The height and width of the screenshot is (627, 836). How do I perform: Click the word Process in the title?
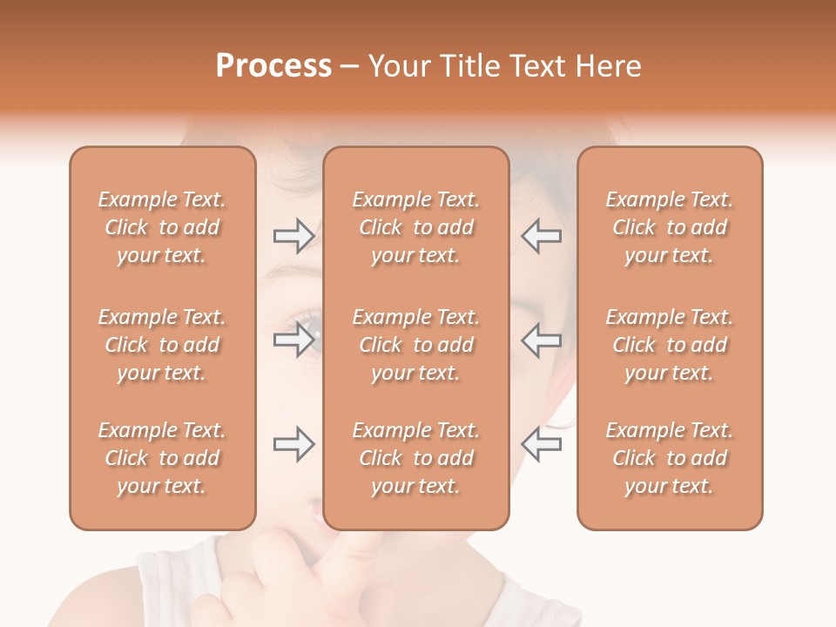tap(273, 65)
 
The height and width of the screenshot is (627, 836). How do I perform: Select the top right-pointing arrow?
tap(293, 235)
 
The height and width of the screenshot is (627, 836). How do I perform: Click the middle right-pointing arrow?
tap(293, 340)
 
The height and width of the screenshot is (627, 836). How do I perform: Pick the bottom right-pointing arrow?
tap(293, 444)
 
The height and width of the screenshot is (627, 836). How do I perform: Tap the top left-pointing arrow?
tap(541, 235)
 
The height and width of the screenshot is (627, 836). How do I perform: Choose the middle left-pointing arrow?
tap(541, 340)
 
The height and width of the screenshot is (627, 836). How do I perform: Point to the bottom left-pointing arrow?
tap(541, 444)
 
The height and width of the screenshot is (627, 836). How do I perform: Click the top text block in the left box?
tap(162, 227)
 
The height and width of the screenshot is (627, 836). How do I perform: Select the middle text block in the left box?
tap(162, 345)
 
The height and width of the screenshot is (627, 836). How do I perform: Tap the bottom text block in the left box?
tap(162, 458)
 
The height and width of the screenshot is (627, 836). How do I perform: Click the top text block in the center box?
tap(416, 227)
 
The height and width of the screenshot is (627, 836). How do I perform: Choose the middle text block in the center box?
tap(416, 345)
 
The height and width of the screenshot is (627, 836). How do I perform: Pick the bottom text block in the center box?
tap(416, 458)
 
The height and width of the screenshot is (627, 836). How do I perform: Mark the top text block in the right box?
tap(670, 227)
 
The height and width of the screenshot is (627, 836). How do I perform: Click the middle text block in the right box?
tap(670, 345)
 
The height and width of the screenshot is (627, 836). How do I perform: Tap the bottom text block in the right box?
tap(670, 458)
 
